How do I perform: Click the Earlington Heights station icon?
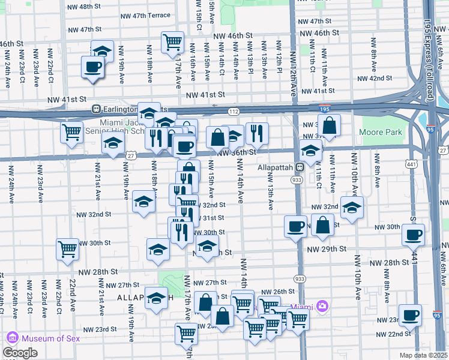coord(95,110)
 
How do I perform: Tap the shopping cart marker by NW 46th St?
coord(172,42)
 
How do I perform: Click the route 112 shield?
coord(234,112)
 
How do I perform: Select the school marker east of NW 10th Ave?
coord(352,208)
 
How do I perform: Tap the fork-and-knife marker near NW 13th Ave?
coord(257,133)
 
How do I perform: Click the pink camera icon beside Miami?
coord(323,307)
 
